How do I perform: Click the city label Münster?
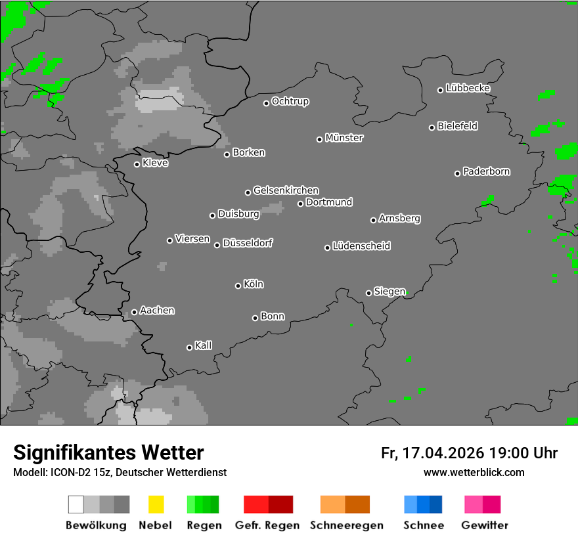344,138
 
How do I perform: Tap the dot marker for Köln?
238,286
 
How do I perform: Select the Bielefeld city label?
458,126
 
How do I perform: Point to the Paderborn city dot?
457,173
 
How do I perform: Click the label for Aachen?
157,311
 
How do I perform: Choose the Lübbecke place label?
468,88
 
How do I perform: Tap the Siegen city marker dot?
368,293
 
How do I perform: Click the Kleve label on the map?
156,163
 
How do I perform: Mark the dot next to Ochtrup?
266,103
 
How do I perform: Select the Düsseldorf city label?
248,243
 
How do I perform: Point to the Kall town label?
204,345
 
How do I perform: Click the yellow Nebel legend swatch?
156,504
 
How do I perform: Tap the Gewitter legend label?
485,525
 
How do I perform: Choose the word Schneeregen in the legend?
345,525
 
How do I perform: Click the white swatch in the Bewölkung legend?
76,504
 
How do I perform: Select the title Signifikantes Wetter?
108,452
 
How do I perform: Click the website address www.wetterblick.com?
474,472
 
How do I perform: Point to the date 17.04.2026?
441,453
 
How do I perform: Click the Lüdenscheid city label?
361,246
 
